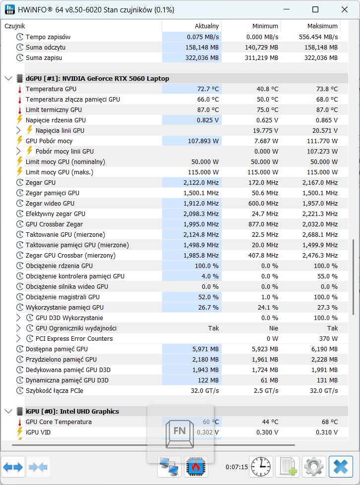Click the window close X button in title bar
point(345,9)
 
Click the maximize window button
point(315,9)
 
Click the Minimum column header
point(265,26)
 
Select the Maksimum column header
point(322,26)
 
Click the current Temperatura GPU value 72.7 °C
point(208,89)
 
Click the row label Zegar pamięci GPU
point(52,193)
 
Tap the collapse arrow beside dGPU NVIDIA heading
point(8,79)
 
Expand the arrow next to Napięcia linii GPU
point(18,130)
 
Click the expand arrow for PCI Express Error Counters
point(18,338)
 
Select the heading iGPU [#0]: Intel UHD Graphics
point(72,411)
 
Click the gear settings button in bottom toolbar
point(314,467)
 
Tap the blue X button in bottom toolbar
point(341,467)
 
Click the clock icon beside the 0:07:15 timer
point(261,467)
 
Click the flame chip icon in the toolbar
point(196,467)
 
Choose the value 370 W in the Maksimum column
point(328,339)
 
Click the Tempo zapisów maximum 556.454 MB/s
point(318,37)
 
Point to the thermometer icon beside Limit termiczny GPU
point(20,110)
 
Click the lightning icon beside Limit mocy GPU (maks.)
point(20,172)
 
